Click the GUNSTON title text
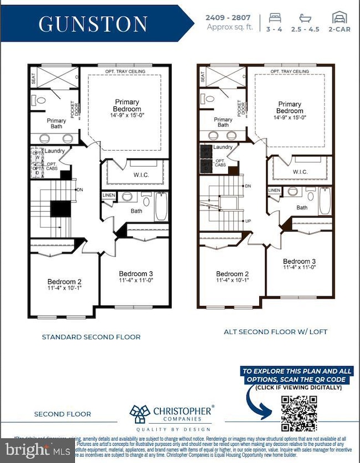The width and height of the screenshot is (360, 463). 93,23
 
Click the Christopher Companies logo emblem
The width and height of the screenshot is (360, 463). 139,414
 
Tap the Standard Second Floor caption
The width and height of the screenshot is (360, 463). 91,336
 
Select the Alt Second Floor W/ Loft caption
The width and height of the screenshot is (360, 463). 275,332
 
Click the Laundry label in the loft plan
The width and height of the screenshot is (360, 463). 223,147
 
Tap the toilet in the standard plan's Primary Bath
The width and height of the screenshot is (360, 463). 40,101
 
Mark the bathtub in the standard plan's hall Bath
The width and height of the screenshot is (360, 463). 161,205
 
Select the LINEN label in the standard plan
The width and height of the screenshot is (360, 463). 108,195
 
